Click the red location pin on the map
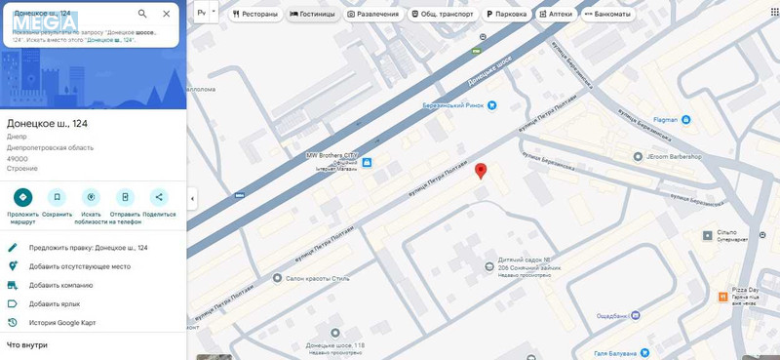coord(481,171)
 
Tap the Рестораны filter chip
coord(256,15)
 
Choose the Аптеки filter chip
coord(556,15)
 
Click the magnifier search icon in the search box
coord(142,14)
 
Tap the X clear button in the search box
coord(166,14)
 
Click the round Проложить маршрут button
coord(22,197)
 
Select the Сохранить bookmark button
coord(57,197)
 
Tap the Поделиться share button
coord(159,197)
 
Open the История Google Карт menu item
coord(62,322)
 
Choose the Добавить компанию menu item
coord(60,285)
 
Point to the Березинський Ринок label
coord(453,105)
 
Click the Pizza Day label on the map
coord(745,291)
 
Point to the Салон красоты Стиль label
coord(317,279)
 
